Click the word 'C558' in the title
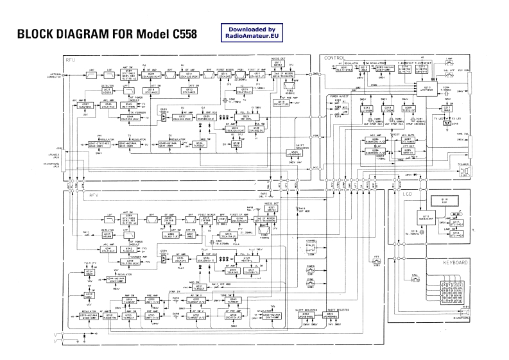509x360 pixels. (180, 33)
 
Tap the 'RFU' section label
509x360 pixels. (71, 60)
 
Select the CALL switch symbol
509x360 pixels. (416, 277)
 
